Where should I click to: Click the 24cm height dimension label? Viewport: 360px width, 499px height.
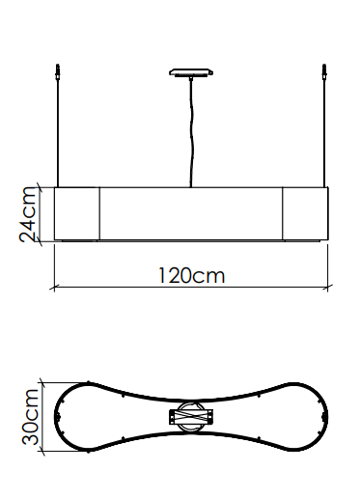tap(27, 214)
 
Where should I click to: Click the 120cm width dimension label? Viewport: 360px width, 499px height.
tap(192, 276)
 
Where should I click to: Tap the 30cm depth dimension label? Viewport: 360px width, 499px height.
tap(30, 417)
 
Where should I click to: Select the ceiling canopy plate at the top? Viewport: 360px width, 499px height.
tap(191, 72)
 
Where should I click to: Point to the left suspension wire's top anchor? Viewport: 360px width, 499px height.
tap(58, 71)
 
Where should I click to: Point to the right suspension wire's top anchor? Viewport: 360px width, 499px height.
tap(324, 71)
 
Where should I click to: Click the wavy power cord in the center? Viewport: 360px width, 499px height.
tap(191, 132)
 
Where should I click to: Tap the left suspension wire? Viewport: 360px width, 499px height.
tap(58, 133)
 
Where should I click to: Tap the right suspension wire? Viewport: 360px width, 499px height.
tap(324, 133)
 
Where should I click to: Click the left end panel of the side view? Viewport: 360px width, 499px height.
tap(77, 213)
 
